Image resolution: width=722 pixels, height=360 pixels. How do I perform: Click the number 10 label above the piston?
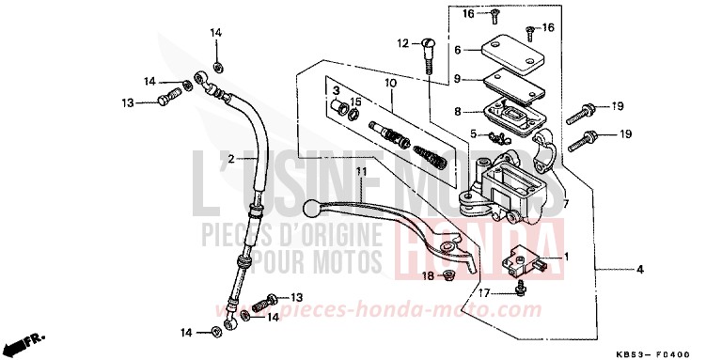[389, 84]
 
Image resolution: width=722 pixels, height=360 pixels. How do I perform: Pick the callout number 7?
[567, 203]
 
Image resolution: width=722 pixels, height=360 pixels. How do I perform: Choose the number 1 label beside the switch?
[567, 257]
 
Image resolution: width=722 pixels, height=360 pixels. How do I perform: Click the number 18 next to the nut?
[426, 275]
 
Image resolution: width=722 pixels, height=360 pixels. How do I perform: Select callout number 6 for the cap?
[457, 50]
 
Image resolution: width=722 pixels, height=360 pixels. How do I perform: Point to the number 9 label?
[457, 80]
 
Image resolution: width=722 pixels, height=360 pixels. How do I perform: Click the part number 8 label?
[457, 111]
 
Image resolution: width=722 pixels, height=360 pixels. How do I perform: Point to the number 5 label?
[475, 134]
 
